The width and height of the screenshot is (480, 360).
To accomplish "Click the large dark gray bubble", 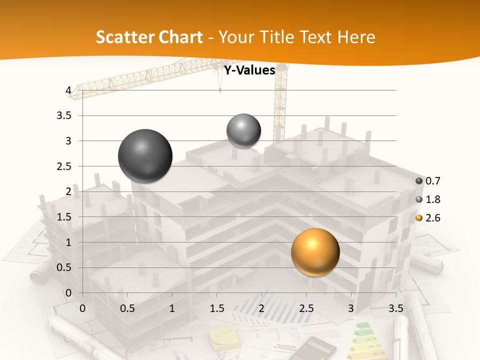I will [x=145, y=156].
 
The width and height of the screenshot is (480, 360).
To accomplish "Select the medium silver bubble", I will [x=243, y=130].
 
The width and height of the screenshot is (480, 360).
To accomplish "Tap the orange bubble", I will [x=315, y=252].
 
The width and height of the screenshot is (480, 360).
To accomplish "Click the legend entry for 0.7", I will [x=432, y=181].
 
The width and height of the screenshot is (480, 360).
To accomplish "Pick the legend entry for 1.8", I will [x=432, y=199].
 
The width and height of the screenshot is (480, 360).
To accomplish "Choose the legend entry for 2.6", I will [x=432, y=218].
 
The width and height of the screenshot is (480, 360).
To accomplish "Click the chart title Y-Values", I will [x=249, y=70].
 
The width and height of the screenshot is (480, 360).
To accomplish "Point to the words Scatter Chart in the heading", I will [x=149, y=37].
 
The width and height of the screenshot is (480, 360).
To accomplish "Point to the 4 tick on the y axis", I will [x=68, y=90].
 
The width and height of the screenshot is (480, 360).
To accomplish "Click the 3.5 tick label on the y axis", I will [x=64, y=115].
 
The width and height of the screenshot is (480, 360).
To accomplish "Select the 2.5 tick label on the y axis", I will [x=64, y=166].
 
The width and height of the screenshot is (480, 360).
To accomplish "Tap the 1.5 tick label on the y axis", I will [x=64, y=217].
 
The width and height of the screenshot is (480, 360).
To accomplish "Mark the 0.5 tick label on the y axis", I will [x=64, y=267].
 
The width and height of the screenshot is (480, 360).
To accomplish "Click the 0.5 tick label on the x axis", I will [x=127, y=308].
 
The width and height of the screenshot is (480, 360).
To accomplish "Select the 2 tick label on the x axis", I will [x=261, y=308].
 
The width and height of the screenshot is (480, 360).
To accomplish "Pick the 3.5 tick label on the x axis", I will [x=395, y=308].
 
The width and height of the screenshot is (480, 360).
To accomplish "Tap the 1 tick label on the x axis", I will [x=172, y=308].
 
